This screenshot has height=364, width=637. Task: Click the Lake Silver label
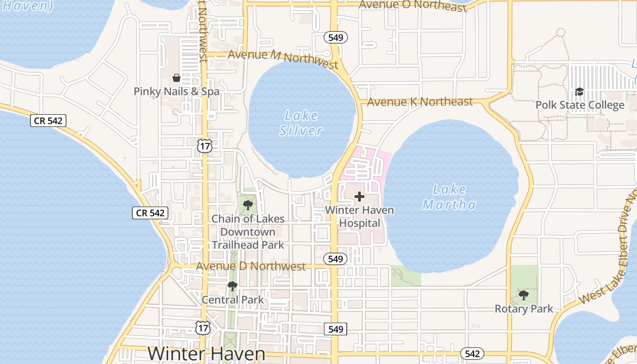(301, 123)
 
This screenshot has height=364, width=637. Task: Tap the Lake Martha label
(449, 197)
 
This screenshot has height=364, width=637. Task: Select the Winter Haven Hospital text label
(359, 217)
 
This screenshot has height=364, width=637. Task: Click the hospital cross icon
(359, 197)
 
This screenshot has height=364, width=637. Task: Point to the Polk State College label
(580, 105)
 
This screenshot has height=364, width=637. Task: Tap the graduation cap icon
(579, 92)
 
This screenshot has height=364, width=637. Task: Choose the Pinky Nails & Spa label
(177, 91)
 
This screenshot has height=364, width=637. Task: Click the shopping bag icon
(177, 78)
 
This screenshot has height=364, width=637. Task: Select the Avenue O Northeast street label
(413, 5)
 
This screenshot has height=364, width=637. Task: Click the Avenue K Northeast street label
(420, 102)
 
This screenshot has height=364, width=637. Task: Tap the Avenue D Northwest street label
(251, 266)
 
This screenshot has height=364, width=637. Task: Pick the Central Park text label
(233, 300)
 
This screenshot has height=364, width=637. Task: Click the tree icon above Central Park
(233, 286)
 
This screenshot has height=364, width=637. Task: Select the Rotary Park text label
(524, 309)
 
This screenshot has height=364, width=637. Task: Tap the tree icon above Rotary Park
(524, 295)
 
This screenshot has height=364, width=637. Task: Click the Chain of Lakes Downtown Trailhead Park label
(248, 232)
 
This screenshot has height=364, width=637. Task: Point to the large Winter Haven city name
(207, 354)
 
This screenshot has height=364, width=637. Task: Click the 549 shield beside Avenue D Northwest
(335, 259)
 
